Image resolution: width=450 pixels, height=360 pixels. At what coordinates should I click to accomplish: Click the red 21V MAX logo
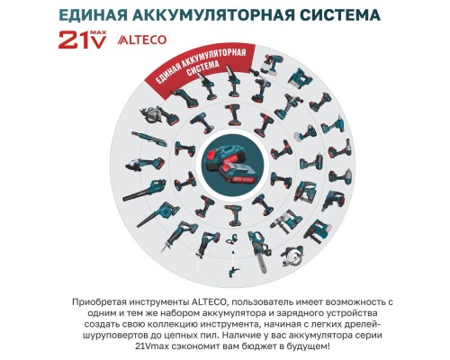pos(82,39)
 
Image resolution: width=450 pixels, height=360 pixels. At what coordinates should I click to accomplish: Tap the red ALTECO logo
pos(142,40)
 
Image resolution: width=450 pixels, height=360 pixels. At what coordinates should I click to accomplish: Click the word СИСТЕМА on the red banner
pos(202,68)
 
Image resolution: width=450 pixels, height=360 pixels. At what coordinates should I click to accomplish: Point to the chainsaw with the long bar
pos(258,251)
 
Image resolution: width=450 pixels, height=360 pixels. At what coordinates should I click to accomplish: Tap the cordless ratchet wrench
pos(149,139)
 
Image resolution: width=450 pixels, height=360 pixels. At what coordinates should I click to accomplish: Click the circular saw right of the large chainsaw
pos(292,256)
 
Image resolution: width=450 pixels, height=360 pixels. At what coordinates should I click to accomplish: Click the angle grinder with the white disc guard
pos(145,164)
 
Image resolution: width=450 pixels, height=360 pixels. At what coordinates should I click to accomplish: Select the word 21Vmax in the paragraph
pos(147,346)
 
